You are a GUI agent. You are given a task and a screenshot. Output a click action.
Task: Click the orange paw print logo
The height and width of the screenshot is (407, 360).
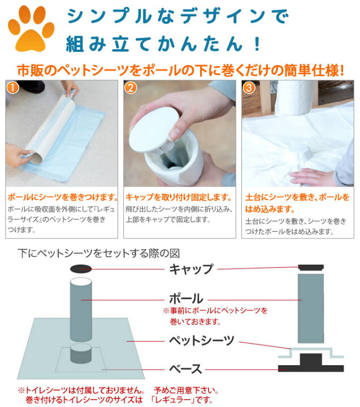(31, 28)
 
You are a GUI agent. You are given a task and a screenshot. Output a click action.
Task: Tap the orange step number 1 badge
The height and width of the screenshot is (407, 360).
(12, 88)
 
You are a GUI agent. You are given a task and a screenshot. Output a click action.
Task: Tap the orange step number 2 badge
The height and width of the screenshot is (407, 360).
(131, 88)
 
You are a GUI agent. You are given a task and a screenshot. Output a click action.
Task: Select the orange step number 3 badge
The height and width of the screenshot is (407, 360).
(249, 88)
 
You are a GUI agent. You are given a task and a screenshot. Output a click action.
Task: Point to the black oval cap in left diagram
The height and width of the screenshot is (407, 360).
(81, 269)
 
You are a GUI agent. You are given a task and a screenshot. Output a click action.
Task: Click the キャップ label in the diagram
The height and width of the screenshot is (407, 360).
(191, 269)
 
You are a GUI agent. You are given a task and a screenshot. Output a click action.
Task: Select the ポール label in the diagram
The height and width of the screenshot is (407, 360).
(186, 298)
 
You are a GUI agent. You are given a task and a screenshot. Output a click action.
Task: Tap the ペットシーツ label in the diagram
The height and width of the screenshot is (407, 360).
(202, 340)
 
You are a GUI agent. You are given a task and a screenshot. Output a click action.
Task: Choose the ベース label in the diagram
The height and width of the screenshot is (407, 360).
(185, 369)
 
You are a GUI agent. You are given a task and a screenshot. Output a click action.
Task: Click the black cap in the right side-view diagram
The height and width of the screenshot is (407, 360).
(311, 267)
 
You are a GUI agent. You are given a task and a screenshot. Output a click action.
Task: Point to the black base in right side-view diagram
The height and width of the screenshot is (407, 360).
(311, 363)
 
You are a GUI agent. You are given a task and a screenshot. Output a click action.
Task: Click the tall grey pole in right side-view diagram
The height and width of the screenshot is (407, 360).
(311, 309)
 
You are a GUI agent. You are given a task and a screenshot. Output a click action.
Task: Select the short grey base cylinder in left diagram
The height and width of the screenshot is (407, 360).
(81, 353)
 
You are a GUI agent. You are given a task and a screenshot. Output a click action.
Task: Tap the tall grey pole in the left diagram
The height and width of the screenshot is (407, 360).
(81, 309)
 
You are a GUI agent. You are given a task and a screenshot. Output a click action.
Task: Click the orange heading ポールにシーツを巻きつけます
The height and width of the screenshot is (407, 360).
(63, 197)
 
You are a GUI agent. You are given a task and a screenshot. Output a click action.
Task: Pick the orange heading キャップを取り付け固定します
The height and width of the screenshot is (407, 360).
(179, 197)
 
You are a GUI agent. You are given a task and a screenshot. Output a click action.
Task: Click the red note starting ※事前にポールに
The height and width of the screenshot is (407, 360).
(215, 316)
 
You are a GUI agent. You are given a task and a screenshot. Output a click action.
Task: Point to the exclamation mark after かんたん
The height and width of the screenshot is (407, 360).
(258, 44)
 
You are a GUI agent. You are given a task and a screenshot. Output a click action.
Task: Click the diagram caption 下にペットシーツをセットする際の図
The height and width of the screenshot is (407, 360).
(99, 253)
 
